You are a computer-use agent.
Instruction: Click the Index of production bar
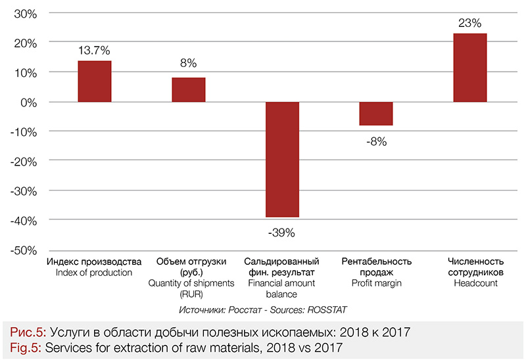pos(95,81)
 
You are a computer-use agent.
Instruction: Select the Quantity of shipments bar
pos(189,90)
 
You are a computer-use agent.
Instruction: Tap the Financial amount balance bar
pos(282,160)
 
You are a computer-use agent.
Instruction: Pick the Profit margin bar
pos(376,114)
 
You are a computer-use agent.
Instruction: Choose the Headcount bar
pos(470,68)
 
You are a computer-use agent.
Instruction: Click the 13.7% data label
pos(95,49)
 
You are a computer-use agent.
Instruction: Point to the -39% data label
pos(282,232)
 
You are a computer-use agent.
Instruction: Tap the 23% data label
pos(470,22)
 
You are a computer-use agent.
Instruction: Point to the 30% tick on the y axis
pos(24,14)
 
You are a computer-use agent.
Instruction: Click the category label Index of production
pos(94,273)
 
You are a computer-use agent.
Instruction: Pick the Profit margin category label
pos(376,283)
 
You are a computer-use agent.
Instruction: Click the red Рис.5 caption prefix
pos(24,332)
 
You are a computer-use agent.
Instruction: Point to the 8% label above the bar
pos(189,64)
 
